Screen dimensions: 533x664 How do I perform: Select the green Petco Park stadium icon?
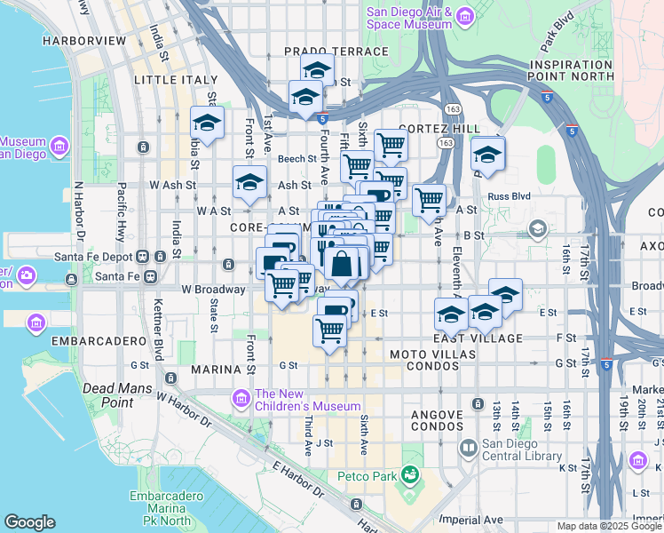(x=409, y=476)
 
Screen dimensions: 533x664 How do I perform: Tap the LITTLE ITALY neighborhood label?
(x=175, y=80)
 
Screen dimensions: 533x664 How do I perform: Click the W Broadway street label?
(x=213, y=290)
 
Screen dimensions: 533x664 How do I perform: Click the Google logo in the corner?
(x=29, y=522)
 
